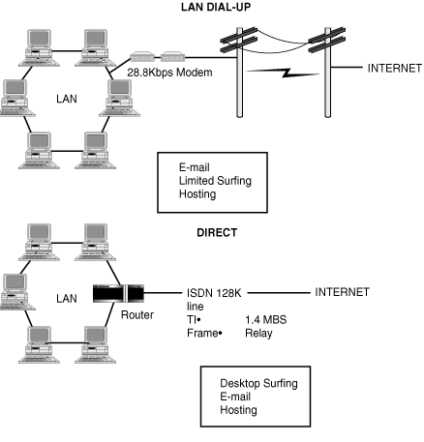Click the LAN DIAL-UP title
[216, 7]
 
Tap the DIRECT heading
[217, 233]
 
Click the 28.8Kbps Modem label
[169, 73]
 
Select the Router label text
[137, 314]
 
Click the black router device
[118, 293]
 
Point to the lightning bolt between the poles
[283, 73]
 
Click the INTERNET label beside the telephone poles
[395, 69]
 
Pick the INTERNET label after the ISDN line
[342, 292]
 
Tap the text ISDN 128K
[214, 293]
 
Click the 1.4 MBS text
[266, 320]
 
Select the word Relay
[258, 334]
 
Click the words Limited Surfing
[215, 181]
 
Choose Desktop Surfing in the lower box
[258, 384]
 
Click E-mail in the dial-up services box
[195, 167]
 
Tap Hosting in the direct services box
[238, 410]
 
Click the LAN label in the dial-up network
[67, 99]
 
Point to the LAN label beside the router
[67, 299]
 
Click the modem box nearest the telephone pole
[172, 57]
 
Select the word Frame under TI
[202, 333]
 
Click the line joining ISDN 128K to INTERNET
[279, 293]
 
